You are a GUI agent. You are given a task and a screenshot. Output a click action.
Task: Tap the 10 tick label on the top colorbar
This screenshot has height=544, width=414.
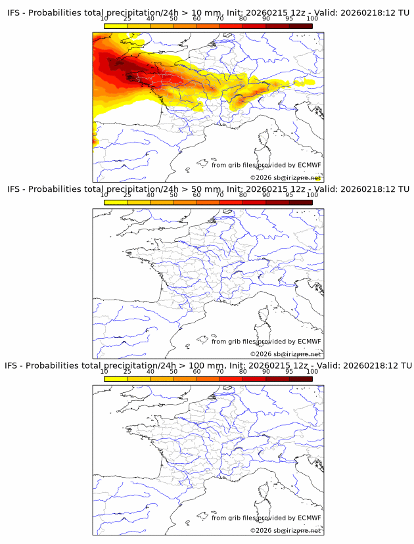coord(104,19)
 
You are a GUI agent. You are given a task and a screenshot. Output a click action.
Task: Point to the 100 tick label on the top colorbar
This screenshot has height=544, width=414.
coord(312,19)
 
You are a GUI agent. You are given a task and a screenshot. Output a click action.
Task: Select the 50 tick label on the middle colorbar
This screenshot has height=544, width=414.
coord(173,195)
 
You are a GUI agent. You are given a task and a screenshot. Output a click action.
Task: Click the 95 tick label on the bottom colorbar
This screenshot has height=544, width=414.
coord(289,371)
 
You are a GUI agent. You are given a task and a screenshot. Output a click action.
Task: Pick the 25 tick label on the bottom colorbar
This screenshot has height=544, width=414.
coord(127,371)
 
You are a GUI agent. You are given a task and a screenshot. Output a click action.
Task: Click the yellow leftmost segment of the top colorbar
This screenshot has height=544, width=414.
coord(116,26)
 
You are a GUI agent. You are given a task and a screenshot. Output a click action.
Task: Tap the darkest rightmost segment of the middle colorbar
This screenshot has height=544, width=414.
coord(301,202)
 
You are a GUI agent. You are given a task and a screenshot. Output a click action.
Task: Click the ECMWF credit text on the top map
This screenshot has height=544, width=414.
coord(266,165)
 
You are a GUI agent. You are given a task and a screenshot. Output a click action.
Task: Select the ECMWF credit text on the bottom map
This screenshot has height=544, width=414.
coord(266,518)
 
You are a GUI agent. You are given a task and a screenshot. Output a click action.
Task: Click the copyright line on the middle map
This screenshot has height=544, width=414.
coord(285,354)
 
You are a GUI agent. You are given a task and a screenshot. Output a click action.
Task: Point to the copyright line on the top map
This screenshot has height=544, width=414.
coord(285,178)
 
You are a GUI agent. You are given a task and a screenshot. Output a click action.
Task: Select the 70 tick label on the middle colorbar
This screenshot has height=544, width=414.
coord(219,195)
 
